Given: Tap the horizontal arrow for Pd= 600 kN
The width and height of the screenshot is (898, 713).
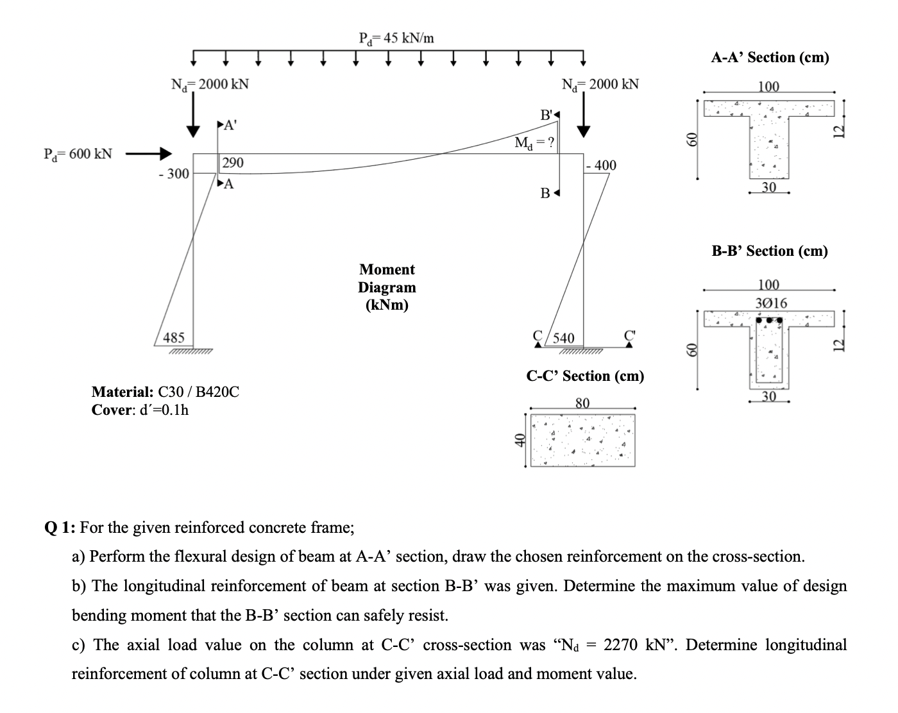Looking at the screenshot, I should (149, 154).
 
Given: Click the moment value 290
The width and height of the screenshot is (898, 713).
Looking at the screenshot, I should (232, 163).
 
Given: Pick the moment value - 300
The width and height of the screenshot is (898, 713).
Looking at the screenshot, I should (173, 174).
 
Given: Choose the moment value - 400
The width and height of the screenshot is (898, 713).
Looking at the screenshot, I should (601, 165).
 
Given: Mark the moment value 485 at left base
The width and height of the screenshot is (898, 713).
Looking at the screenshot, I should (174, 337).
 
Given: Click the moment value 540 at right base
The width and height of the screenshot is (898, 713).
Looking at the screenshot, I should (564, 338).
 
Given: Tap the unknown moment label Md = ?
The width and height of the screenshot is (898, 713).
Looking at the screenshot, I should (535, 142).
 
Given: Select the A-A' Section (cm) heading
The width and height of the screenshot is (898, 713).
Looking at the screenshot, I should (770, 58).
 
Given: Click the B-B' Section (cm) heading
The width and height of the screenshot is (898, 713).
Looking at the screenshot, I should (770, 251).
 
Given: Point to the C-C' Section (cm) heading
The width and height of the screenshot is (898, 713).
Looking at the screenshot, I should (585, 376).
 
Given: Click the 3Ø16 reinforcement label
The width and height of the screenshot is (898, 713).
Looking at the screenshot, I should (770, 303).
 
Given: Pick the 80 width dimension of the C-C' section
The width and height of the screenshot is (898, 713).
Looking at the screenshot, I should (582, 403).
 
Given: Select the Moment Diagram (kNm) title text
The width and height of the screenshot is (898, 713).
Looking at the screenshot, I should (387, 287).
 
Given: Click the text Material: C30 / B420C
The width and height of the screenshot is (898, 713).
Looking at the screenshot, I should (165, 392).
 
